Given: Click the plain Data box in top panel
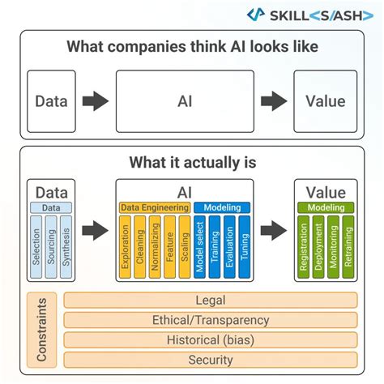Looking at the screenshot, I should (x=51, y=101).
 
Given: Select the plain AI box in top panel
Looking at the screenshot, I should (x=185, y=101).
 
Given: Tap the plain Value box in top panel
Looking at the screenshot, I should (x=325, y=101).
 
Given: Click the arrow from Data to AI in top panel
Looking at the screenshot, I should (x=96, y=101).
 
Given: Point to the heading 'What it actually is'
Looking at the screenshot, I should (x=192, y=163).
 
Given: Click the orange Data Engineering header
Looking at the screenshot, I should (x=155, y=208).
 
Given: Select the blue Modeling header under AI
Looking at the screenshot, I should (x=222, y=208).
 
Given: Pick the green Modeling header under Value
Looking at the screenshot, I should (x=325, y=208).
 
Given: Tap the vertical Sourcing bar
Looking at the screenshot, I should (x=51, y=245).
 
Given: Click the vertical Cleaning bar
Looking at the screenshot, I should (x=140, y=247).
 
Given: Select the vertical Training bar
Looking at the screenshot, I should (x=215, y=247).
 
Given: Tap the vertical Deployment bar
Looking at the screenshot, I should (x=318, y=247).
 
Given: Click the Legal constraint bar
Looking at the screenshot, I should (x=210, y=301).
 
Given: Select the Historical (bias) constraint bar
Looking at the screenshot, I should (x=210, y=339).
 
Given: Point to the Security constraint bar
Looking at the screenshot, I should (x=210, y=359).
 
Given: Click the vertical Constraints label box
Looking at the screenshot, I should (x=42, y=330).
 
